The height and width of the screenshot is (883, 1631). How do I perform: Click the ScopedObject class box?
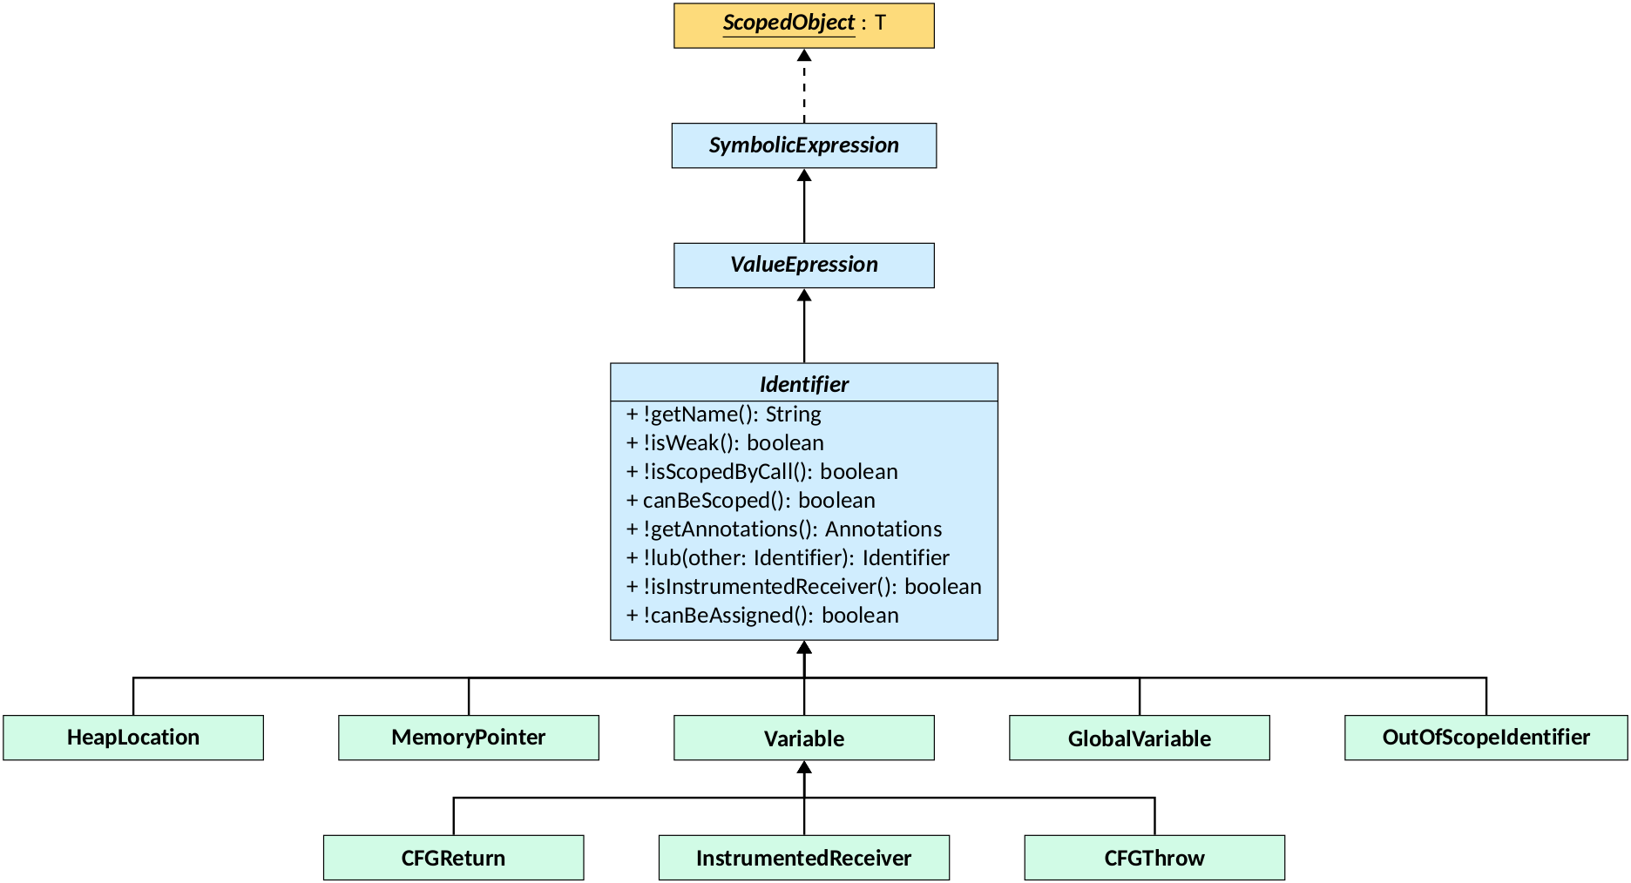803,25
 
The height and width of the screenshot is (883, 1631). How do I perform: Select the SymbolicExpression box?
803,145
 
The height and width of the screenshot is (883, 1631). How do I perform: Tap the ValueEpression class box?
803,265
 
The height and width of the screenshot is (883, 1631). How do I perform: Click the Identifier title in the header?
803,384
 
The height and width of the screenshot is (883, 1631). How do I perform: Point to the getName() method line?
723,415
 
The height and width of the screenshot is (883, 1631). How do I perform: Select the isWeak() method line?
725,443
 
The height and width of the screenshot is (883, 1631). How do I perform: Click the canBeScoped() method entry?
750,501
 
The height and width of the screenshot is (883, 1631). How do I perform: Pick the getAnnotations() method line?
783,529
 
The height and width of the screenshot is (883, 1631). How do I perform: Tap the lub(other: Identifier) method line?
787,558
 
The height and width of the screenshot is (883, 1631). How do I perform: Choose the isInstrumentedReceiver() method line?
803,587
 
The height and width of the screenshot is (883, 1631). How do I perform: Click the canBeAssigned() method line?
761,616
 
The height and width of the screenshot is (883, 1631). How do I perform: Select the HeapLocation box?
133,738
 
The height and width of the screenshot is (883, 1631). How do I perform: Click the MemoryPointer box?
469,738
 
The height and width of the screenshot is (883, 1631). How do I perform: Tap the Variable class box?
803,738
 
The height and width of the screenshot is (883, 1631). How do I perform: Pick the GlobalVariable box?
1139,738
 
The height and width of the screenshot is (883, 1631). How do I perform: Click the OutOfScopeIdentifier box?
1485,738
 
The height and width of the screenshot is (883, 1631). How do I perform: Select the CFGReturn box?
453,858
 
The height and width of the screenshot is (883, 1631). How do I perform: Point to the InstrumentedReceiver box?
803,858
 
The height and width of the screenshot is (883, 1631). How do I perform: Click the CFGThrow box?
1154,858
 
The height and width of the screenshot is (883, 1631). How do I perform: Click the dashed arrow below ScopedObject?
803,87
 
